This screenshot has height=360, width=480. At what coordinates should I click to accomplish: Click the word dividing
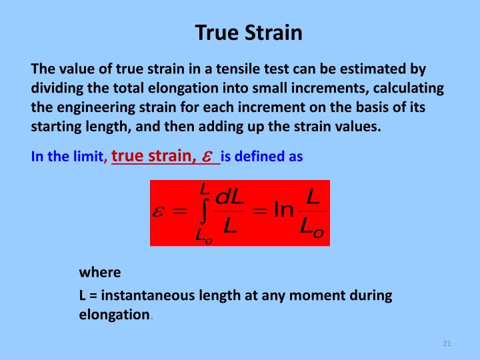[x=55, y=89]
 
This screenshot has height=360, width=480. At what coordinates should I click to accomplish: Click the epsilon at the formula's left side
[x=160, y=211]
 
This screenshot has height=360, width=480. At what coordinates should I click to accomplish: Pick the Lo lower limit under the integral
[x=204, y=235]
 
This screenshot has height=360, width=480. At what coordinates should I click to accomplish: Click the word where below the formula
[x=100, y=272]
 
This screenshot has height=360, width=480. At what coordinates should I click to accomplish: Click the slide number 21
[x=447, y=343]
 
